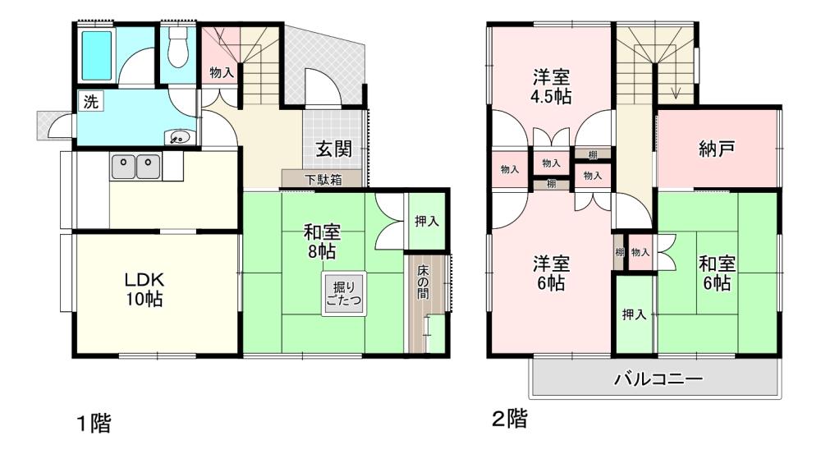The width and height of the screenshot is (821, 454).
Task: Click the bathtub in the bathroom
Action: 97,54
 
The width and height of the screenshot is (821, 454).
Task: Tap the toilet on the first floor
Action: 178,47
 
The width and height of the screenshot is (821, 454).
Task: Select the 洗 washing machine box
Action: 91,102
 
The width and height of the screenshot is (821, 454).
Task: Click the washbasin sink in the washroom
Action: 180,138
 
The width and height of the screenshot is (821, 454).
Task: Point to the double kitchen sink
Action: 135,166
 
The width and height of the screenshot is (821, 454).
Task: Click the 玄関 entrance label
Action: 333,149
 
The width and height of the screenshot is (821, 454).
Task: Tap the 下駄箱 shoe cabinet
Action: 322,179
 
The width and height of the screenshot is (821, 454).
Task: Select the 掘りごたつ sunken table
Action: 343,294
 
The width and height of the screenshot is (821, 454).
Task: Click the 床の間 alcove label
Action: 423,282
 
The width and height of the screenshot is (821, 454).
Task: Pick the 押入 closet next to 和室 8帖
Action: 427,222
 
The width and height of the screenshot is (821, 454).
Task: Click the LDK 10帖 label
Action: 144,289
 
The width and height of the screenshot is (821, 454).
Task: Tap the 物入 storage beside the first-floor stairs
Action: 221,72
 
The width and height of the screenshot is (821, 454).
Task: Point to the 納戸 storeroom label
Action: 717,149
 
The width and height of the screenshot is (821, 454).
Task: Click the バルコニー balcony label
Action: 658,378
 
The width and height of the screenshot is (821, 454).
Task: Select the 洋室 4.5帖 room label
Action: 552,87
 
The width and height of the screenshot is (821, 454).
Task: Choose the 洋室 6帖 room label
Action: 551,273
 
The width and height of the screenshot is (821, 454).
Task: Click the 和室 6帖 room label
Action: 717,273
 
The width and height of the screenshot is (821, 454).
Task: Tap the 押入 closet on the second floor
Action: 634,314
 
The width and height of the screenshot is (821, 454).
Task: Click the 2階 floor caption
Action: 510,419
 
